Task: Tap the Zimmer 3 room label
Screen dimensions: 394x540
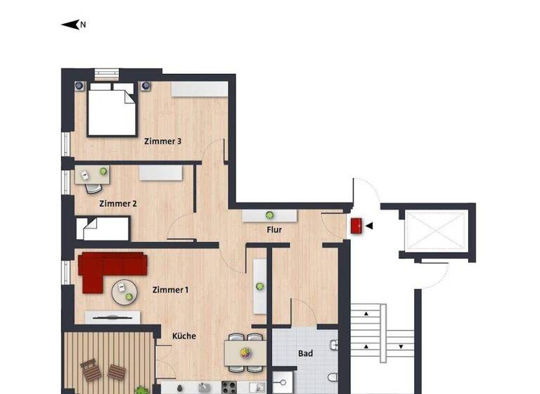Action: pyautogui.click(x=163, y=141)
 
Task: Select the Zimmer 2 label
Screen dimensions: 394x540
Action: pyautogui.click(x=118, y=204)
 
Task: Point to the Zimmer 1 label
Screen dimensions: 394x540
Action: pyautogui.click(x=171, y=290)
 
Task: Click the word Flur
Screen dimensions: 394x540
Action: pyautogui.click(x=274, y=229)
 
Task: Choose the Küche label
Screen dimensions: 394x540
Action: pyautogui.click(x=184, y=336)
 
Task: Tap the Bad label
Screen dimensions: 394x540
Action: pyautogui.click(x=305, y=353)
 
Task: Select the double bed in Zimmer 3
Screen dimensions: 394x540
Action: pyautogui.click(x=112, y=110)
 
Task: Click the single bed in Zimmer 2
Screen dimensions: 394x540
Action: pyautogui.click(x=103, y=228)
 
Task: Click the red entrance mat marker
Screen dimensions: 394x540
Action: pyautogui.click(x=356, y=226)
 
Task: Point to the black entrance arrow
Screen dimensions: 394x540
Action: pyautogui.click(x=368, y=226)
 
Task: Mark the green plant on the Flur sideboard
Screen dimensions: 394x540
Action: pyautogui.click(x=269, y=215)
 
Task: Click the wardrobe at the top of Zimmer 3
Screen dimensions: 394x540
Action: pyautogui.click(x=199, y=89)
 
